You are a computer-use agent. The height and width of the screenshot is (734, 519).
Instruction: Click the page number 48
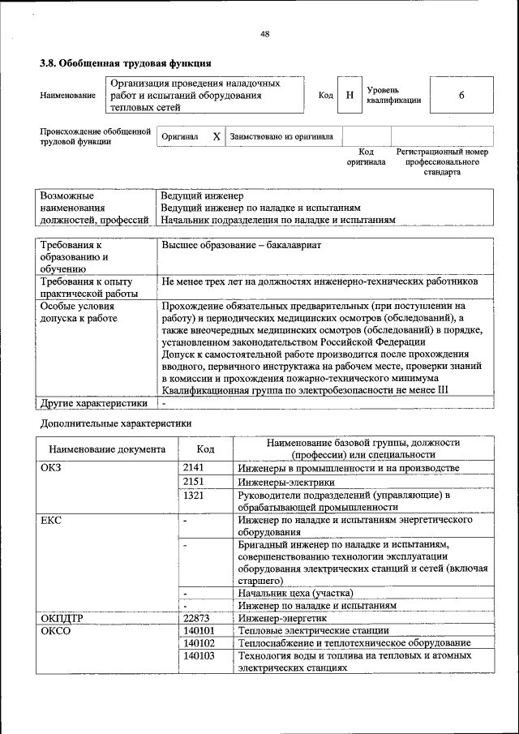click(265, 33)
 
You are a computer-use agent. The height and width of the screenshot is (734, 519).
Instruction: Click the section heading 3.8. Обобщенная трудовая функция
click(126, 62)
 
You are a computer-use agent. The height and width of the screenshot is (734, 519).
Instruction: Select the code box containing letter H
click(349, 96)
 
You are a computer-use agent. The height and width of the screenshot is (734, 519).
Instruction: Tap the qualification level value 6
click(461, 96)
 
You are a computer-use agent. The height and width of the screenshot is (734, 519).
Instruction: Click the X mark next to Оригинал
click(216, 137)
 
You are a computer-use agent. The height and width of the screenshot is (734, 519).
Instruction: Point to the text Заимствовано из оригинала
click(281, 137)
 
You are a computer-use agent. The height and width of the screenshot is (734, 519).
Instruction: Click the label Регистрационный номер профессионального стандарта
click(442, 161)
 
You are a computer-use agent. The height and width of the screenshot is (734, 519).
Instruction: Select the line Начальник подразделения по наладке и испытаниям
click(277, 220)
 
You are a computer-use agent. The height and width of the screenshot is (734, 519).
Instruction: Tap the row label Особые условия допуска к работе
click(79, 312)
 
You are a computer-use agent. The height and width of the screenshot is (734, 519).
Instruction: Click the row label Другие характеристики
click(94, 402)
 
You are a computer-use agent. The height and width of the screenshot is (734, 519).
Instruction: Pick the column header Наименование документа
click(107, 449)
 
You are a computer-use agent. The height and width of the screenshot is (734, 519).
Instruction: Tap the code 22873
click(199, 618)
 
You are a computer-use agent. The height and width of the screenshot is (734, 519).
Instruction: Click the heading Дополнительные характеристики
click(116, 423)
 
